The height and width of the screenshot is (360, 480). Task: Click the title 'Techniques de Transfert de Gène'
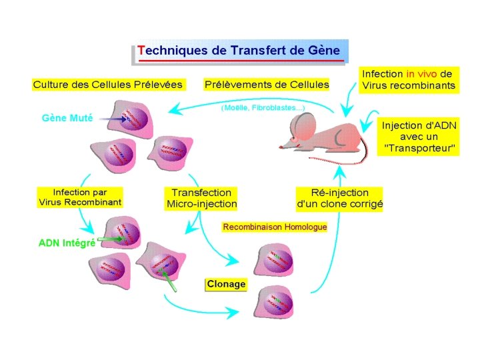(239, 50)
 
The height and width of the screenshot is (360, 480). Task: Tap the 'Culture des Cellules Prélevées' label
(108, 85)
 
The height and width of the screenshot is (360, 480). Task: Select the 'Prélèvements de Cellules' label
(267, 85)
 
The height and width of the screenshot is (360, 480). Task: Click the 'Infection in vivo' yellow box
(409, 79)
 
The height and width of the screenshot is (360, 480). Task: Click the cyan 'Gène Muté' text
(67, 118)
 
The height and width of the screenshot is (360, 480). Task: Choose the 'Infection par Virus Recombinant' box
(79, 197)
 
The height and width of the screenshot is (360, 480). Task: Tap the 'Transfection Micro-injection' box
(201, 198)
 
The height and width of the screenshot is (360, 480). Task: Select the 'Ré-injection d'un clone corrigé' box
(339, 199)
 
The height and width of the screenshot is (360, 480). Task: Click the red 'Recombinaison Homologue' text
(275, 227)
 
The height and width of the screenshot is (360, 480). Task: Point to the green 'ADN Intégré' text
(67, 243)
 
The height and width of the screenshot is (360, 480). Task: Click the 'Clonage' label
(226, 284)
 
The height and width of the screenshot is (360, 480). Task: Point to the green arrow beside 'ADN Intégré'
(110, 238)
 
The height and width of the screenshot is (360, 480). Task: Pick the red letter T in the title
(141, 50)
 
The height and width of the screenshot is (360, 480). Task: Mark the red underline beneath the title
(240, 61)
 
